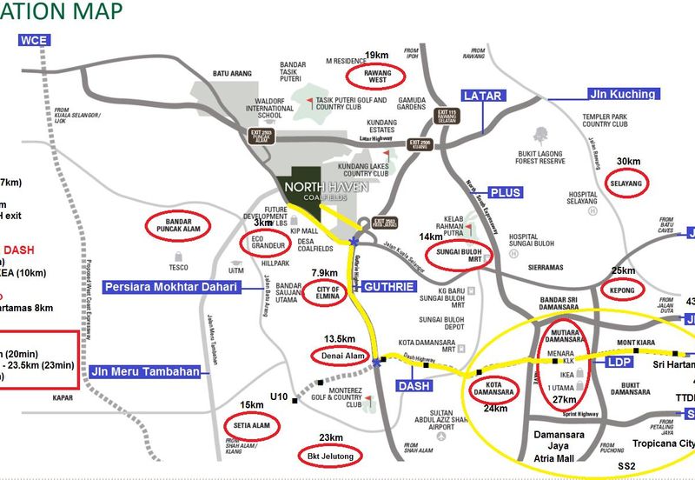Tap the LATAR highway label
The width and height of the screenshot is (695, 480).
coord(483,96)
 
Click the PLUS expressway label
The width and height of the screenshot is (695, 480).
coord(506,192)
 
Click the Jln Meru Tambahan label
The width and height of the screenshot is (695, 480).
coord(145,372)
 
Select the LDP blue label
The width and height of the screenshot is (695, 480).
coord(618,359)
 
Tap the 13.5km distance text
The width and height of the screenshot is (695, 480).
coord(340,338)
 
